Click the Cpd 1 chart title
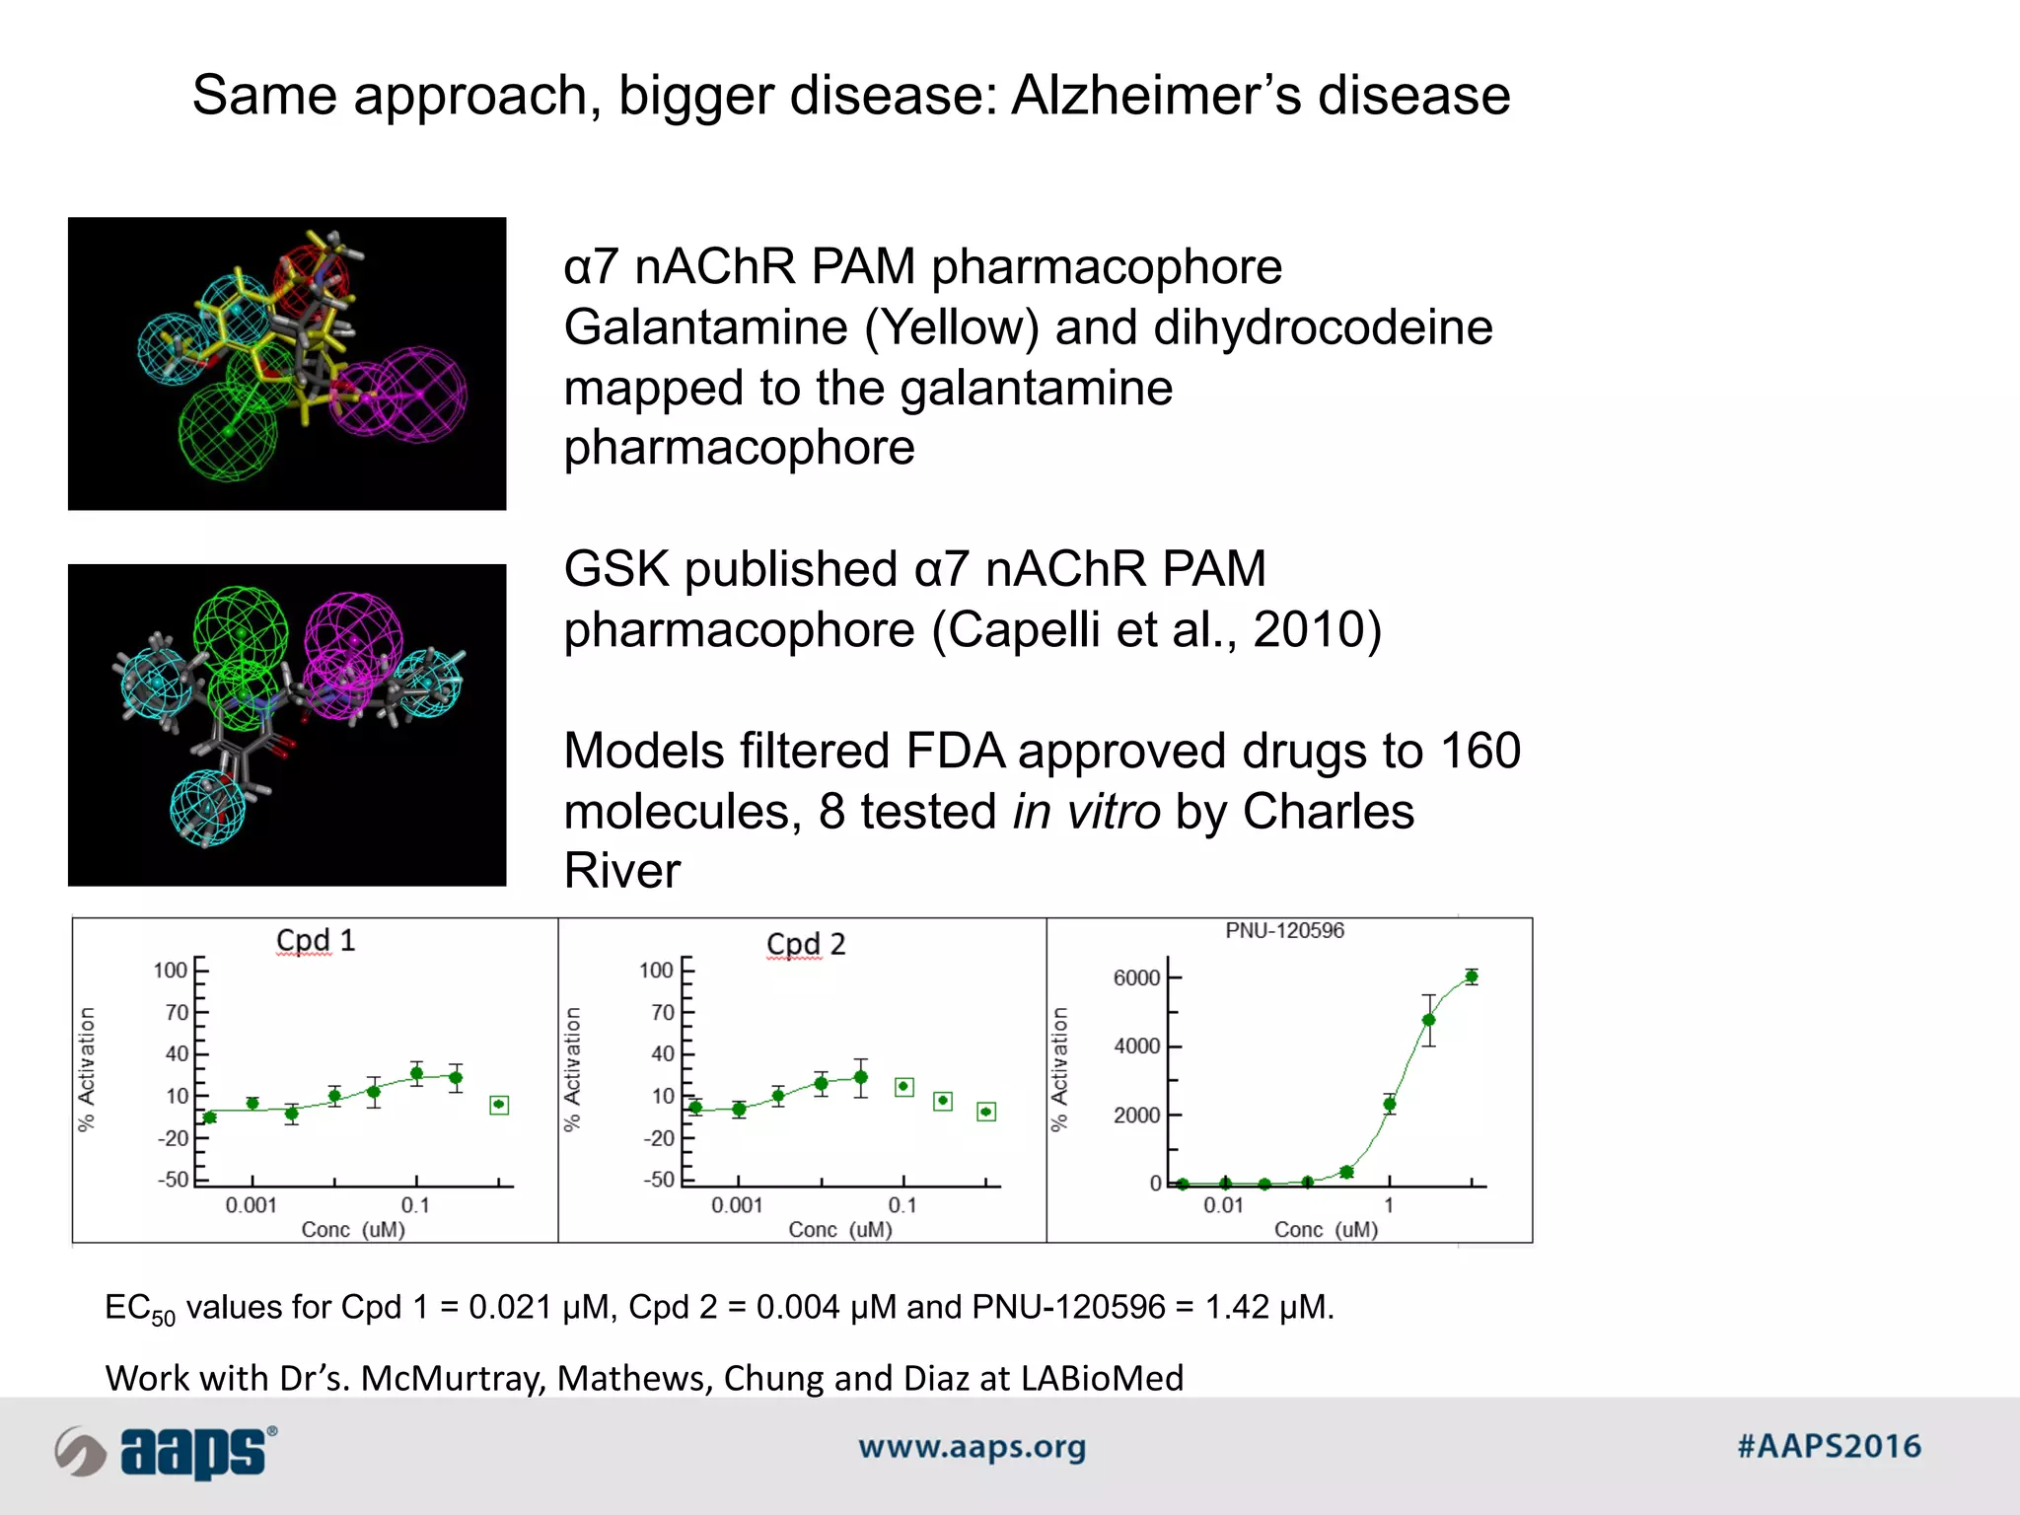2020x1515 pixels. pos(315,940)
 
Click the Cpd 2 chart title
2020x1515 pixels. pos(806,944)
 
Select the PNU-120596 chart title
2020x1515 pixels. pos(1284,930)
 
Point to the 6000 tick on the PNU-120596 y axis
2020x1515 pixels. pos(1136,977)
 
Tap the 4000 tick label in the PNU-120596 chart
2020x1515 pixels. pos(1136,1046)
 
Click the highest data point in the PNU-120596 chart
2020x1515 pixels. pos(1472,976)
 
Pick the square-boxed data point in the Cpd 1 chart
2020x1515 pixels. pos(499,1105)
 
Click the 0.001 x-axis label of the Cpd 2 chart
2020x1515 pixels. pos(737,1205)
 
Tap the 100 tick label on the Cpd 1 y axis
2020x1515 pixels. pos(170,970)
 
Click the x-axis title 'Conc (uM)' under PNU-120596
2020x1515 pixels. pos(1326,1229)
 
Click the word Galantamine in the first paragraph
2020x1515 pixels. pos(704,327)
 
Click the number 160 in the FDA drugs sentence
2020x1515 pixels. pos(1479,751)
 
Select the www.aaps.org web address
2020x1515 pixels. pos(972,1447)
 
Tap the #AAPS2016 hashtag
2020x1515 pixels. pos(1829,1447)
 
